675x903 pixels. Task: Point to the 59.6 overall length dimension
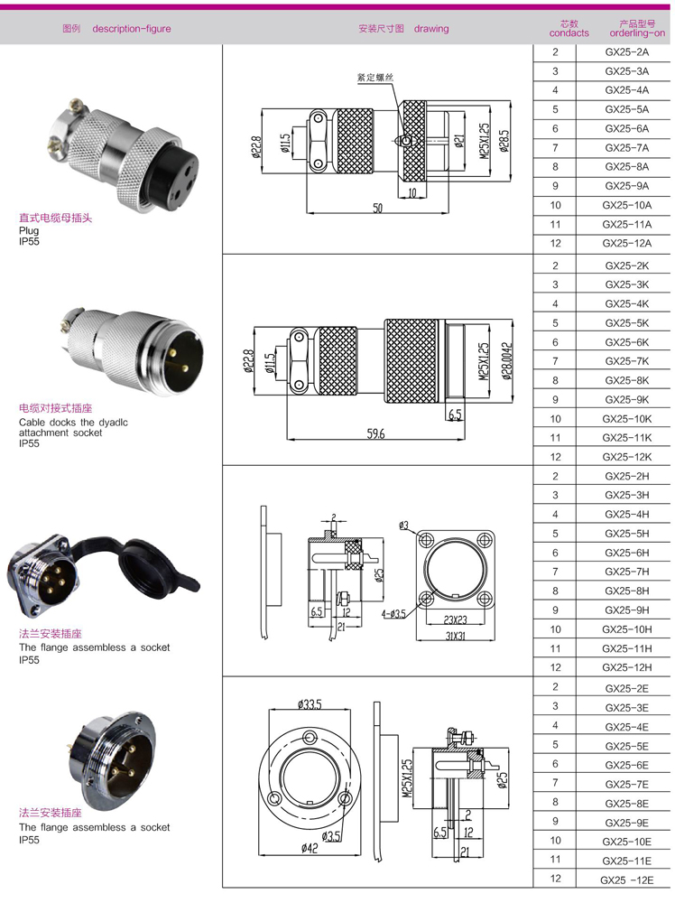[375, 434]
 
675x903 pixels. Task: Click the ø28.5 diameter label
[505, 141]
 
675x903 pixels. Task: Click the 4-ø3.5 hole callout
[393, 614]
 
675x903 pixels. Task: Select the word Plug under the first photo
[29, 230]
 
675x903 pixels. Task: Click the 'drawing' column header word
[431, 29]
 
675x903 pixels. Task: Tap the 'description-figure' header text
[132, 29]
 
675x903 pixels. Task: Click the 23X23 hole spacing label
[453, 619]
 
